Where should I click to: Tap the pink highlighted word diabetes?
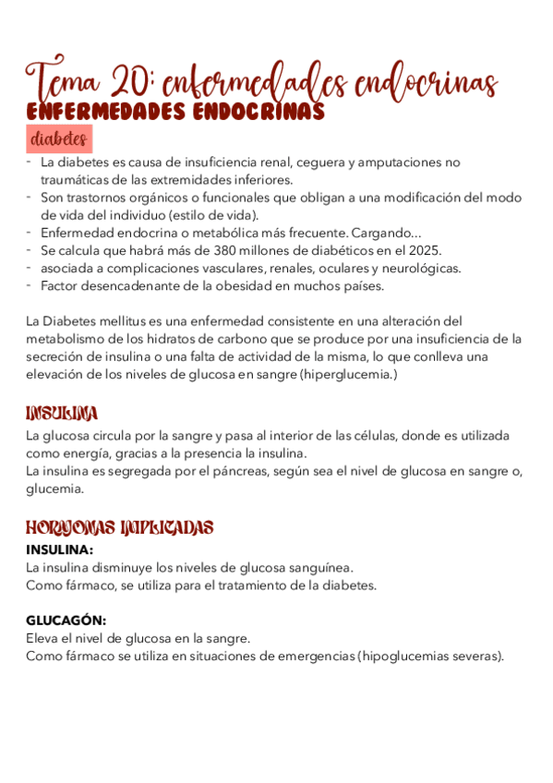pyautogui.click(x=59, y=139)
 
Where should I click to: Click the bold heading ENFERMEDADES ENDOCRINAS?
pyautogui.click(x=175, y=112)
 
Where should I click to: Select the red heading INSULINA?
pyautogui.click(x=63, y=413)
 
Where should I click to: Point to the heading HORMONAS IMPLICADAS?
pyautogui.click(x=120, y=528)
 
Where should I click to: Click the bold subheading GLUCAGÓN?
pyautogui.click(x=66, y=620)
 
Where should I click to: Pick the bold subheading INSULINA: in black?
pyautogui.click(x=60, y=549)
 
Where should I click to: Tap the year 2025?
pyautogui.click(x=425, y=250)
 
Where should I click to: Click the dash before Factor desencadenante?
pyautogui.click(x=30, y=285)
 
